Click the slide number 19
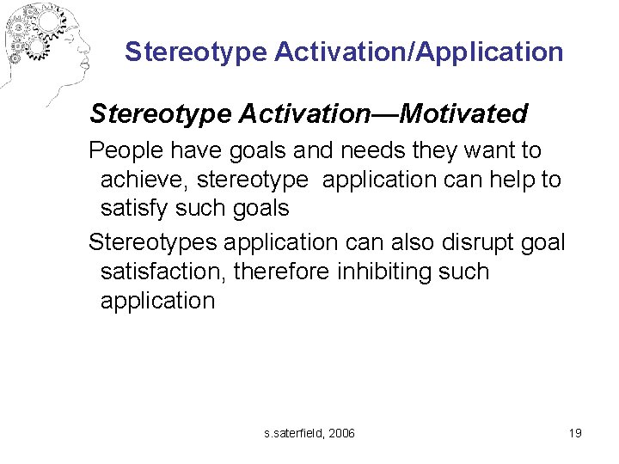pos(574,433)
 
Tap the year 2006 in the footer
pos(339,433)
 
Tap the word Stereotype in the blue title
pos(196,52)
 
